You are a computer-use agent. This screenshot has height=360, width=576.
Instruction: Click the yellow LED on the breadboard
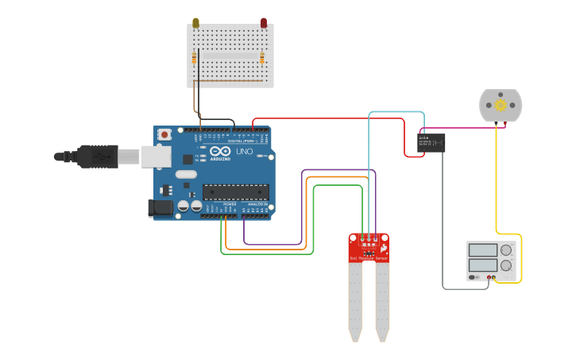point(195,23)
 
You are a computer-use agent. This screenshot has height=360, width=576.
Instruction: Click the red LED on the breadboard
point(264,23)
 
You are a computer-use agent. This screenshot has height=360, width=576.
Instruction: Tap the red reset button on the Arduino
point(164,135)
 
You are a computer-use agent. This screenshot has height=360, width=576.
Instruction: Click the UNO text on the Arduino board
point(245,151)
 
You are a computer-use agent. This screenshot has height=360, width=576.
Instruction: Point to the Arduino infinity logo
point(220,151)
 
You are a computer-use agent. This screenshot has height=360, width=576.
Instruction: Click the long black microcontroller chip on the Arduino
point(236,192)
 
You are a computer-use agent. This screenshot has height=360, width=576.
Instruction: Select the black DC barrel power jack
point(161,208)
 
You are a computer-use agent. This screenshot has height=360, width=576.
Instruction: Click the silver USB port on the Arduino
point(156,157)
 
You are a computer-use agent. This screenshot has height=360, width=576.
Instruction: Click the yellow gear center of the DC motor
point(501,105)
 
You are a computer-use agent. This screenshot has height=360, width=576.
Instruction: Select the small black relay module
point(431,142)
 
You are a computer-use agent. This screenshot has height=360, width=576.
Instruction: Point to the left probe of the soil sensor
point(355,298)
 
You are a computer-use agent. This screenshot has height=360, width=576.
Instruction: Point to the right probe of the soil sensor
point(382,298)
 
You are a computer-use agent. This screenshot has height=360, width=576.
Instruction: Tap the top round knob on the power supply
point(506,250)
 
